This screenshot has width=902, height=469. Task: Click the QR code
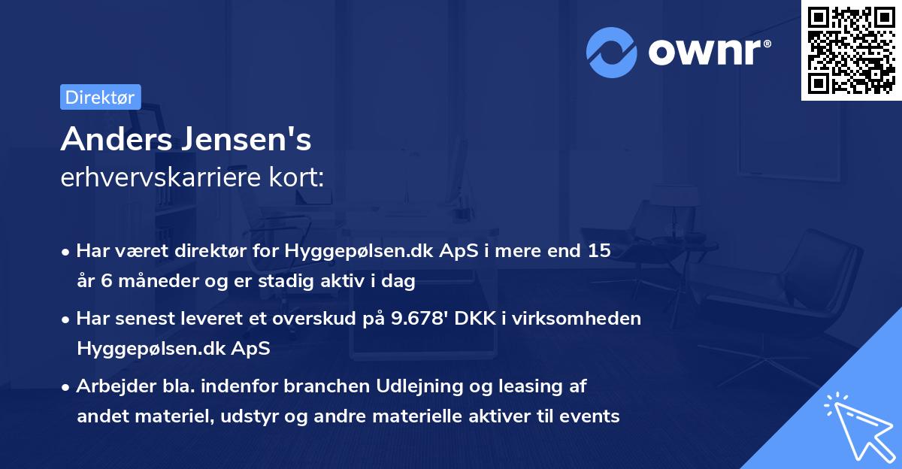[x=851, y=50]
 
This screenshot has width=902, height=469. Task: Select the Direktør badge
[x=100, y=97]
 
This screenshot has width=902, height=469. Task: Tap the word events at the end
[x=593, y=415]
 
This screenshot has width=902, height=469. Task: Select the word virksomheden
[x=594, y=318]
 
